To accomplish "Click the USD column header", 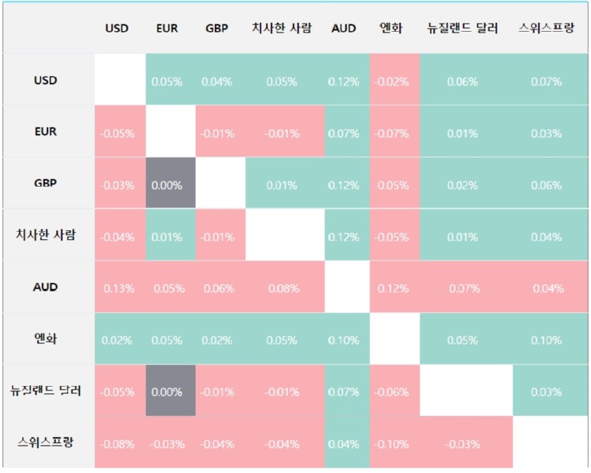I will click(x=117, y=29).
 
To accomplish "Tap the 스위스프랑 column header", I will click(x=547, y=29).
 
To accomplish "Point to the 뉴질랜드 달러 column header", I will click(x=462, y=29).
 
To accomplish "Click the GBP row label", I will click(x=46, y=184).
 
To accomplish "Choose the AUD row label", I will click(x=46, y=287).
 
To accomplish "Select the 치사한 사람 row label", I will click(x=46, y=236).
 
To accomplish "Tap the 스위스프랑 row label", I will click(x=46, y=443).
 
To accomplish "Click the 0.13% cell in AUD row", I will click(x=118, y=288).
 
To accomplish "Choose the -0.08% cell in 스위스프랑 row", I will click(x=118, y=443).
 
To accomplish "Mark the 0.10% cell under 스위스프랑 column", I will click(x=547, y=340).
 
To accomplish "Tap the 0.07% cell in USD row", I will click(x=547, y=82).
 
